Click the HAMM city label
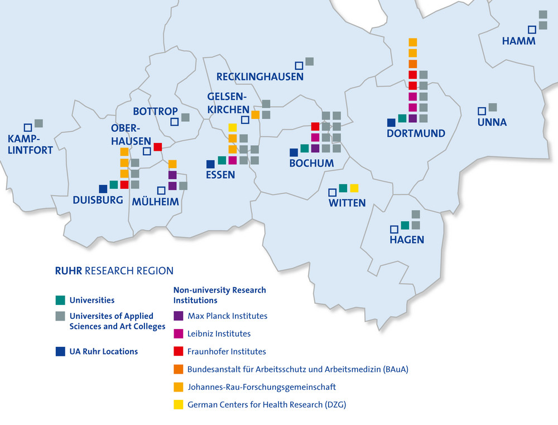tap(518, 41)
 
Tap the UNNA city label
tap(492, 122)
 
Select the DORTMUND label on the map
tap(416, 133)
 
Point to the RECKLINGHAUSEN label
tap(259, 77)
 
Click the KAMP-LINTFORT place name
tap(30, 144)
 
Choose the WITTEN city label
tap(347, 203)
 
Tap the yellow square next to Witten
tap(354, 188)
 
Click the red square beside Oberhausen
tap(157, 147)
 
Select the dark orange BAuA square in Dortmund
tap(413, 64)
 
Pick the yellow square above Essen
tap(233, 128)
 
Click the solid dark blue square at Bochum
tap(294, 152)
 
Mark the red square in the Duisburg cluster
tap(124, 184)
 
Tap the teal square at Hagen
tap(405, 225)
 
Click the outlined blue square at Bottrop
tap(175, 121)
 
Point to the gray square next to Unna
tap(493, 107)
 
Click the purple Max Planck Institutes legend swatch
tap(179, 316)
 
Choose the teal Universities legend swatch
tap(60, 300)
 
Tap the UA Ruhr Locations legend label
tap(103, 351)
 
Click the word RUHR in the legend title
tap(68, 271)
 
